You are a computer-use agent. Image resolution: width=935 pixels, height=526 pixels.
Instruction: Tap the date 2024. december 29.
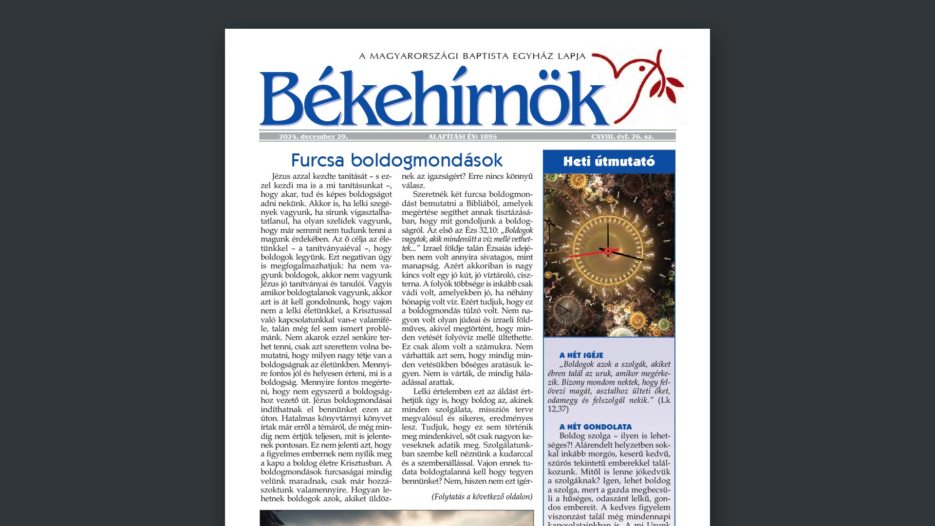click(313, 137)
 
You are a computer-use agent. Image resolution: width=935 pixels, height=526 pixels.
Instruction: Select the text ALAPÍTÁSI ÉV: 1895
click(462, 137)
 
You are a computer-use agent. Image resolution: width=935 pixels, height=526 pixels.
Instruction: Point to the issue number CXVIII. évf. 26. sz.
click(622, 137)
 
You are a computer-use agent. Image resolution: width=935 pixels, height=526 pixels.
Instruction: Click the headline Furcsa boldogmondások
click(396, 160)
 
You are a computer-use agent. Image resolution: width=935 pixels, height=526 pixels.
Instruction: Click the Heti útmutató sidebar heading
click(609, 162)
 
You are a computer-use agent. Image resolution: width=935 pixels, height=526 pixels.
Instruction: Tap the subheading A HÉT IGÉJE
click(581, 356)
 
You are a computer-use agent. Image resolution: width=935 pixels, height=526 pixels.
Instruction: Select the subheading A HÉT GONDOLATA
click(595, 427)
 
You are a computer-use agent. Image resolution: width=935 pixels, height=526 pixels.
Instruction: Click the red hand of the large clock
click(587, 254)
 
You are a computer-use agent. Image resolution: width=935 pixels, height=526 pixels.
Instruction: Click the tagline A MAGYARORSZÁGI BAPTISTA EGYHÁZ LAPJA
click(472, 56)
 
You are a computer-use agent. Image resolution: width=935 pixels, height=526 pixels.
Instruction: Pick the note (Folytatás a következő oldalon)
click(482, 497)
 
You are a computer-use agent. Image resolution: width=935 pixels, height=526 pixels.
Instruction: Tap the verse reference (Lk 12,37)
click(609, 405)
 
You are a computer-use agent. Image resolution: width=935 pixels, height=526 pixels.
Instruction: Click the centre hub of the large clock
click(608, 251)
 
